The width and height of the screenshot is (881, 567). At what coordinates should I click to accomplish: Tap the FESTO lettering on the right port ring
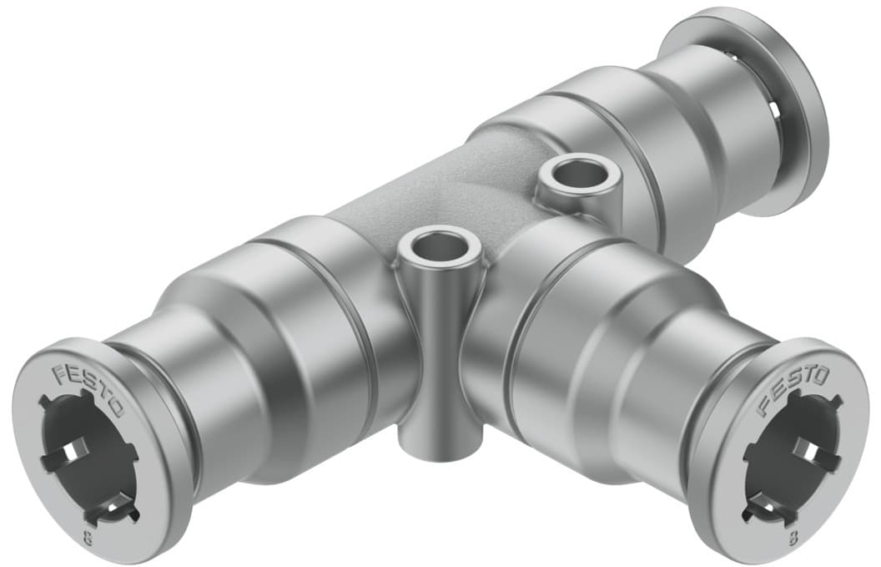792,390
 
